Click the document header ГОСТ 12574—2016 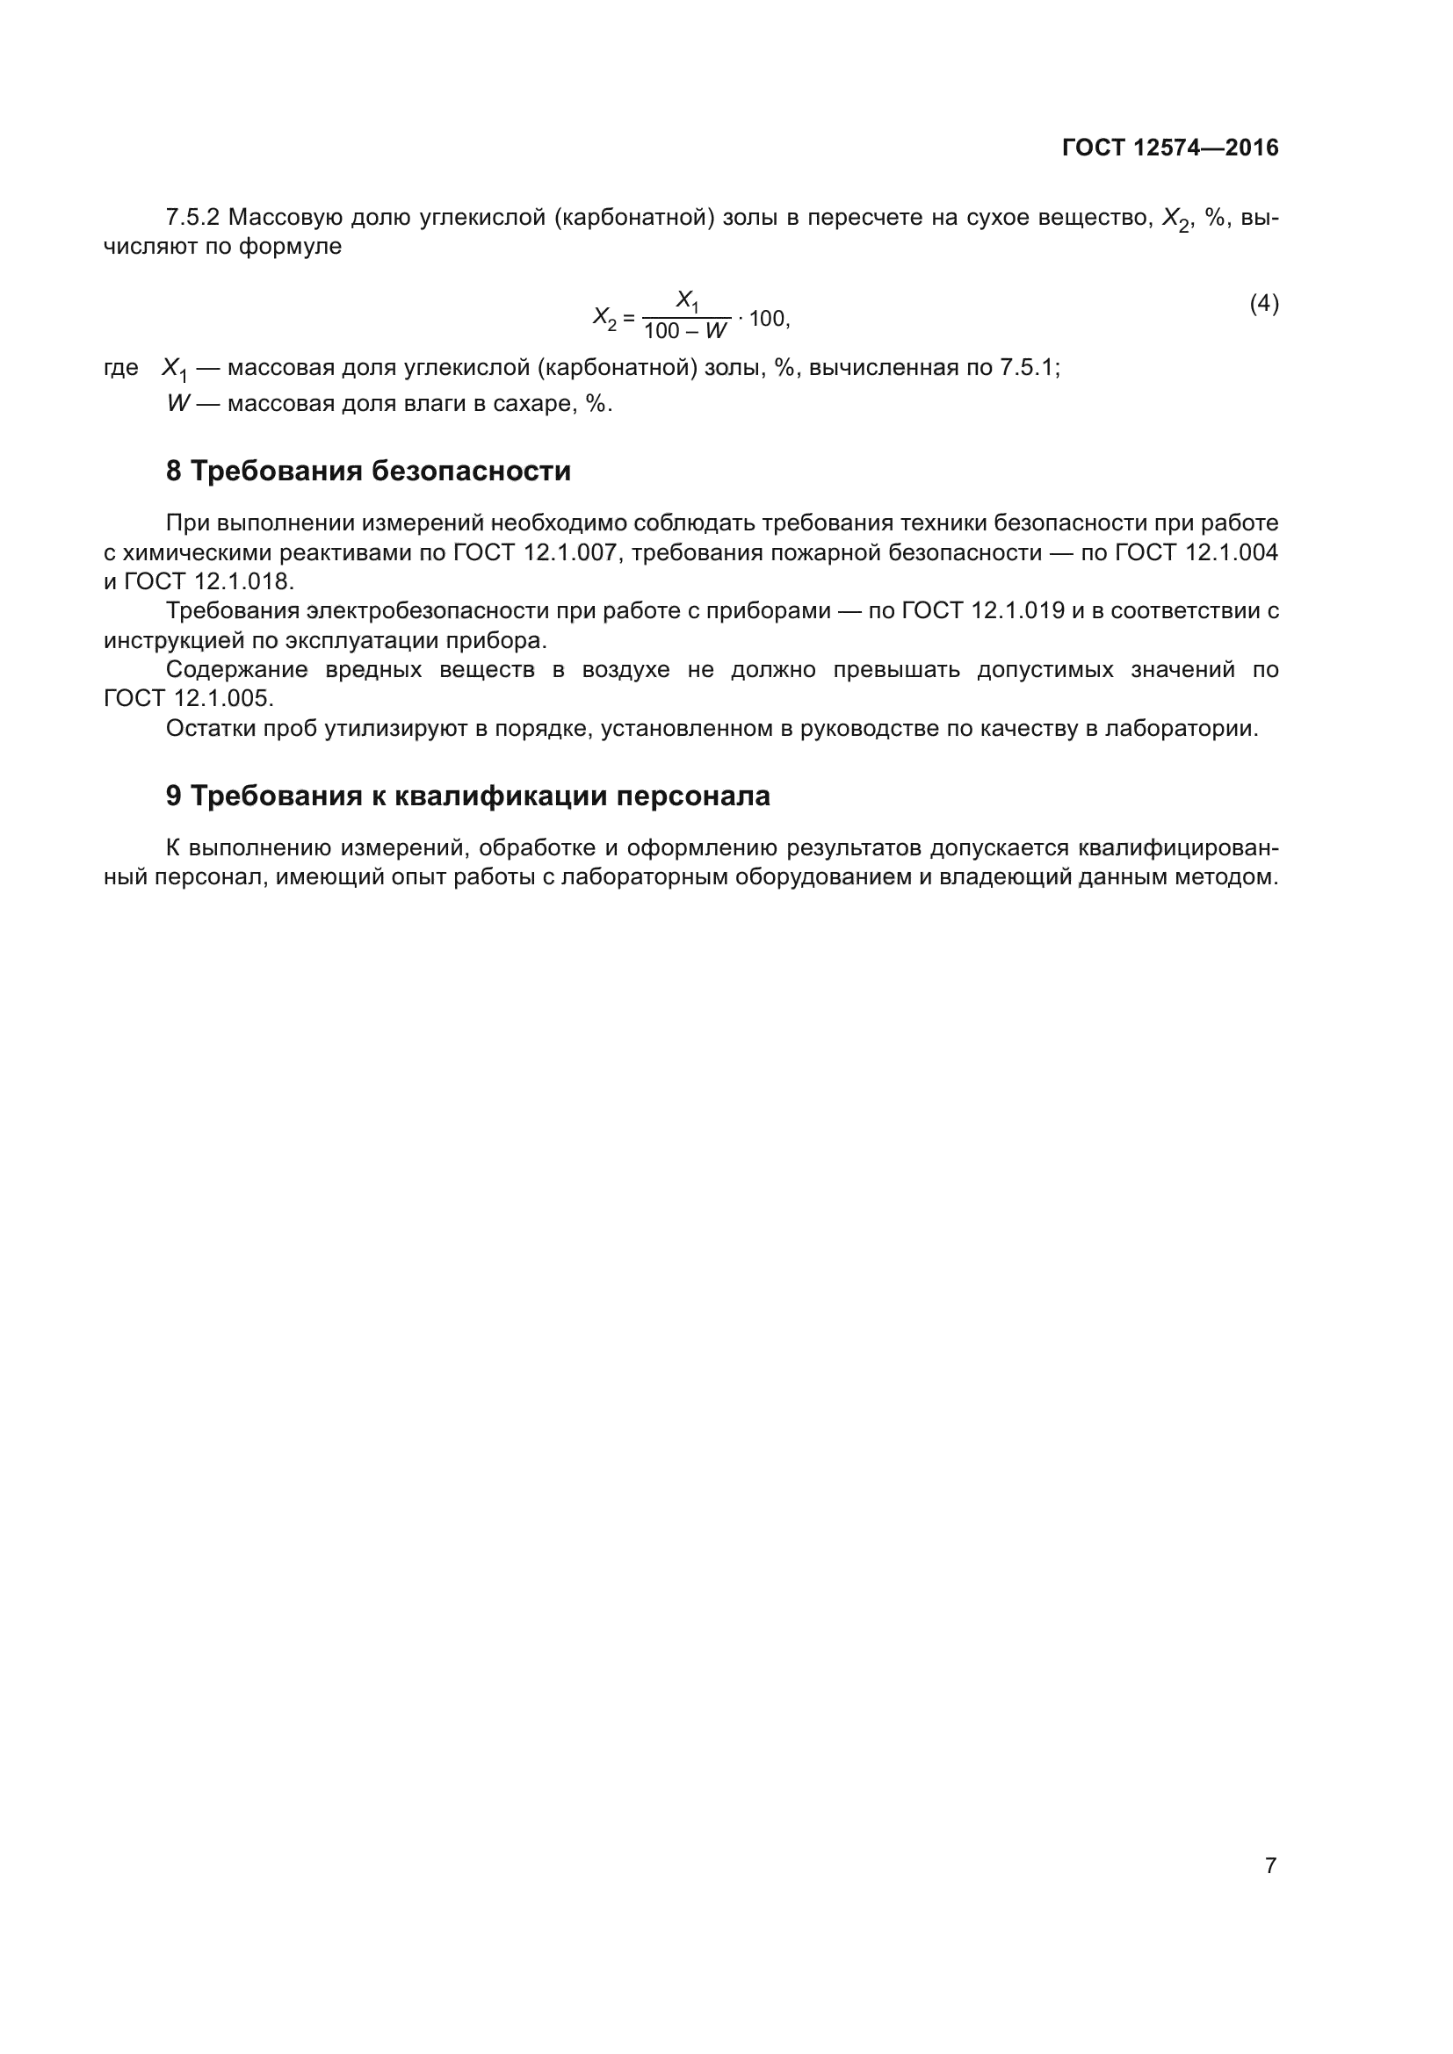coord(1169,148)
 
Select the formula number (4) coord(1263,304)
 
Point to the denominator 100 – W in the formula coord(685,332)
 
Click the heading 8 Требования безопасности coord(368,472)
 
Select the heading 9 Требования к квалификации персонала coord(467,796)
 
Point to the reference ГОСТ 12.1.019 coord(982,612)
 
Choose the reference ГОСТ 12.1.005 coord(188,699)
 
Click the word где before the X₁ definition coord(120,368)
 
